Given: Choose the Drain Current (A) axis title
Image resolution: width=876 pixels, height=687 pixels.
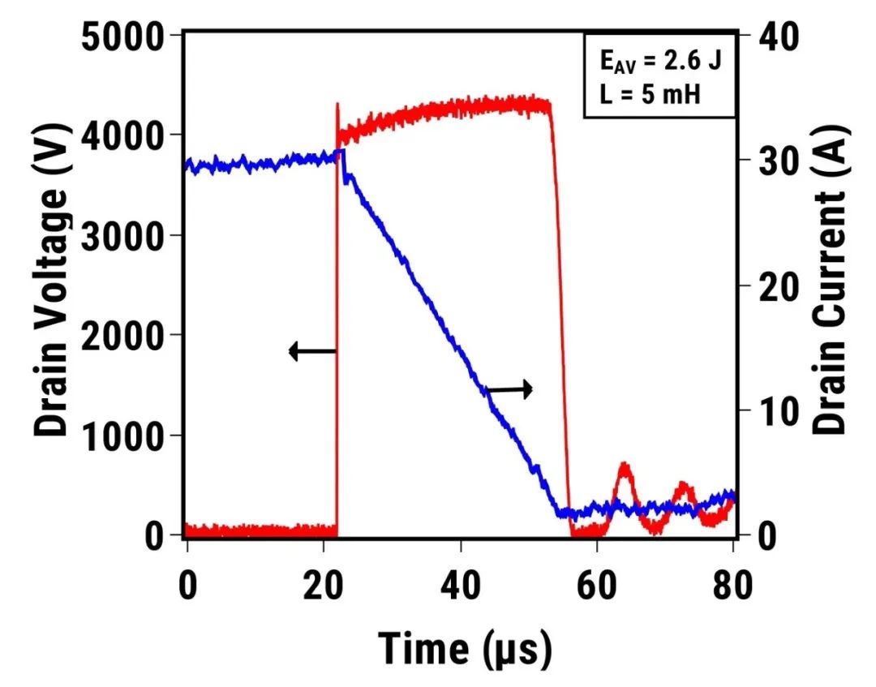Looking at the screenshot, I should (830, 284).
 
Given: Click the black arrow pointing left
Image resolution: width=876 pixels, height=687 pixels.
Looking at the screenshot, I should (312, 351).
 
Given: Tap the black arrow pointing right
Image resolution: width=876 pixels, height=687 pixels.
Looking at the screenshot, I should (509, 390).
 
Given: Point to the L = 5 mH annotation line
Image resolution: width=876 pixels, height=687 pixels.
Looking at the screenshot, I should (644, 92).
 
